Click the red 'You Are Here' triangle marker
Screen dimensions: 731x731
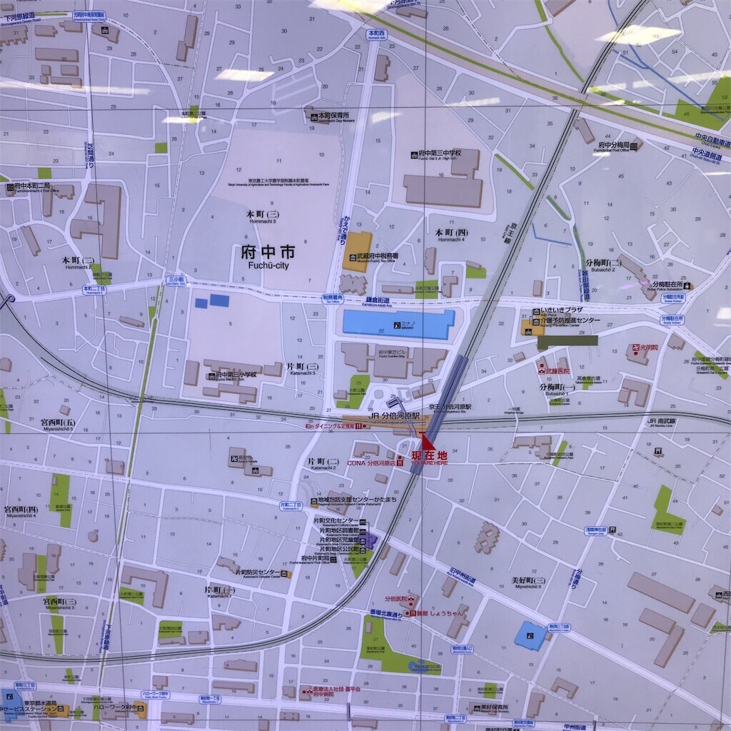point(426,440)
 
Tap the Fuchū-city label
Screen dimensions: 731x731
point(268,256)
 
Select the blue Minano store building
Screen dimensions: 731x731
point(398,324)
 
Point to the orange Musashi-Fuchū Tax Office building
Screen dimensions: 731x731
point(357,251)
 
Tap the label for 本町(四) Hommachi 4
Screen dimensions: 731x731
point(451,235)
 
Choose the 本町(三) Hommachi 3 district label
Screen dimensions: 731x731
point(263,216)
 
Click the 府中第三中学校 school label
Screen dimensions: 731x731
point(440,153)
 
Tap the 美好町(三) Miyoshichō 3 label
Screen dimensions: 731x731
point(528,582)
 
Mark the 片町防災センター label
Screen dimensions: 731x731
point(258,573)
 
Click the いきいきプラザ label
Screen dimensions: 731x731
point(562,311)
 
